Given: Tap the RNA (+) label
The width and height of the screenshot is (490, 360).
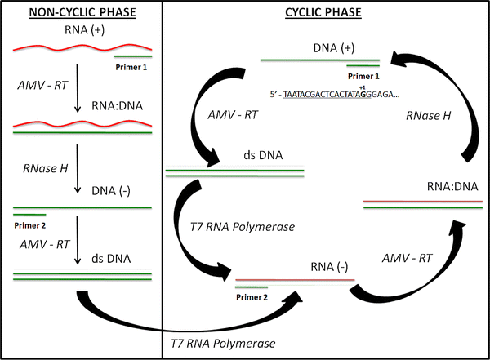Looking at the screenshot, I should pos(81,31).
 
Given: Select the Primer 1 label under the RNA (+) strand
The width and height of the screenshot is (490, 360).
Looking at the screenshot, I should pos(131,68).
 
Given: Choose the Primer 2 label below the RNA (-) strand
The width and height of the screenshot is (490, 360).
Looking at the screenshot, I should pos(252,298).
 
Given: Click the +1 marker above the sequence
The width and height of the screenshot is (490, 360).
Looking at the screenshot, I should pos(362,86).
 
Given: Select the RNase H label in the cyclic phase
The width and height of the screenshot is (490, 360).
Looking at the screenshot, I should pos(428,117).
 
